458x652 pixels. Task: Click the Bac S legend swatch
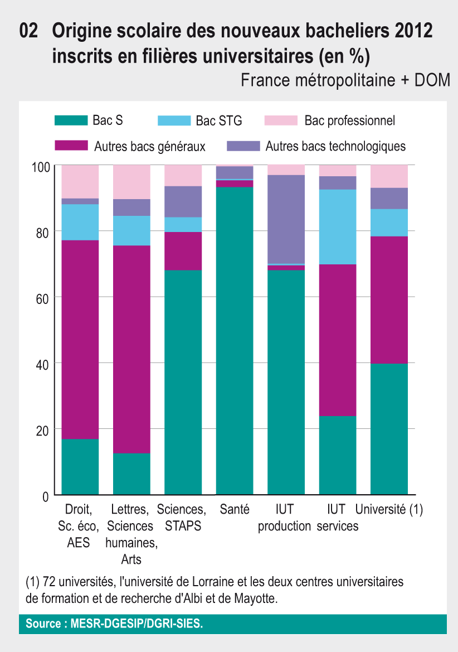click(71, 120)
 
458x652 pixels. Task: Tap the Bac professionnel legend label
click(350, 120)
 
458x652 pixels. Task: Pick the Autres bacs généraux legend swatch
click(71, 147)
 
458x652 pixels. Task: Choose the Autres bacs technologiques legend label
click(335, 147)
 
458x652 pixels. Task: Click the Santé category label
click(235, 509)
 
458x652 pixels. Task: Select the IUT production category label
click(284, 518)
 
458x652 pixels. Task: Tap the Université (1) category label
click(389, 509)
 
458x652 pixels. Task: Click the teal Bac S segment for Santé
click(235, 340)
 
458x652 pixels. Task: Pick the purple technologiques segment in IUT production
click(286, 219)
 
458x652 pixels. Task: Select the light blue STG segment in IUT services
click(338, 226)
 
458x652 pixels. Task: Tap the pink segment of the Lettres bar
click(131, 182)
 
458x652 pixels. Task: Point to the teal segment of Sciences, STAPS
click(183, 382)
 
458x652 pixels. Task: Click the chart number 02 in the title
click(28, 31)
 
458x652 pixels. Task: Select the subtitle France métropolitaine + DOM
click(345, 80)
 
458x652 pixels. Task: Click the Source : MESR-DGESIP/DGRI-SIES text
click(115, 624)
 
